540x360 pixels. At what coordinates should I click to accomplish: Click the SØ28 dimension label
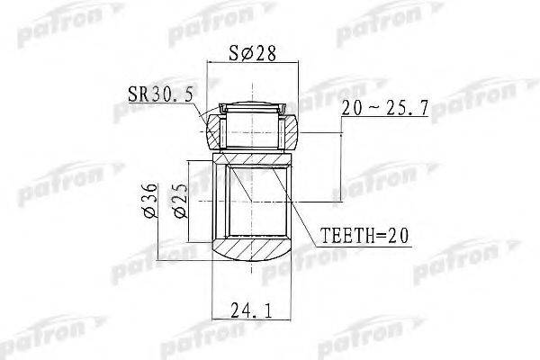252,53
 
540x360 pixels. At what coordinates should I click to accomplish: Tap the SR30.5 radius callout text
160,94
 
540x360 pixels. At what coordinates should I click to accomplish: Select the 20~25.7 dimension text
385,108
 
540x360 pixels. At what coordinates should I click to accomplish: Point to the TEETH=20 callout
364,236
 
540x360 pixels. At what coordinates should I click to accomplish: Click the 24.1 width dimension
251,310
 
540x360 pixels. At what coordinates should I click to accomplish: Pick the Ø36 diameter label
150,201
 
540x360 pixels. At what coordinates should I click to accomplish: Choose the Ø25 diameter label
181,201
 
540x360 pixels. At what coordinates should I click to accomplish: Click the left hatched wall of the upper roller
213,132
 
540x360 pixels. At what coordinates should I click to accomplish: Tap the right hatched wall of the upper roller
291,132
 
